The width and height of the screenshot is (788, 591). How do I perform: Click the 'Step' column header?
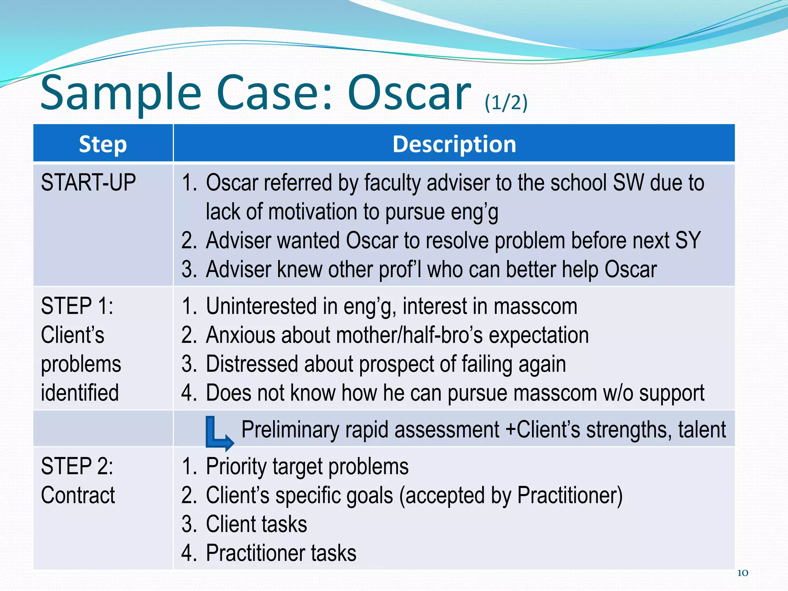103,144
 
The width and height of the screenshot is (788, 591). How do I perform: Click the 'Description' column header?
454,144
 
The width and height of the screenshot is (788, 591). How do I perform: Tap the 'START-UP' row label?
88,182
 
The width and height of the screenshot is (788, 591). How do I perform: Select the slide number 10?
742,573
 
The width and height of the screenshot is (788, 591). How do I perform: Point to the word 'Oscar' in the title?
409,93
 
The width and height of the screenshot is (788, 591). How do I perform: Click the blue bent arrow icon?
218,433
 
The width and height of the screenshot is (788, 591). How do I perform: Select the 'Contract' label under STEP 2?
78,495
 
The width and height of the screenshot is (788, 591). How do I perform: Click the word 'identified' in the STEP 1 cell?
80,393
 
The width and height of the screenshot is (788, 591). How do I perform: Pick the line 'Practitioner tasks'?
281,553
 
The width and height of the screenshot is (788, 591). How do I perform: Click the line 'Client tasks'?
256,524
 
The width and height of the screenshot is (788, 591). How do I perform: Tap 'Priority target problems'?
307,466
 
